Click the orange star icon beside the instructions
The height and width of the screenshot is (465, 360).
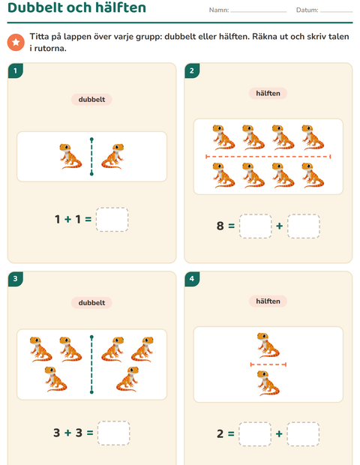(16, 43)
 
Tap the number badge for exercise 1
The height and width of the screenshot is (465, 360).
(16, 70)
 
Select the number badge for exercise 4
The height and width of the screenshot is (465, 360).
(192, 279)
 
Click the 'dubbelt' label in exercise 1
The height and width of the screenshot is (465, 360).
(91, 99)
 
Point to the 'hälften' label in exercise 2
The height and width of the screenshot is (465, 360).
(268, 93)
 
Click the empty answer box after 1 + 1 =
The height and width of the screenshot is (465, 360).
(112, 220)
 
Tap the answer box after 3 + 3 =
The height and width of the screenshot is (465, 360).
(113, 433)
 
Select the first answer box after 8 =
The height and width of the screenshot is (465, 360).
(255, 226)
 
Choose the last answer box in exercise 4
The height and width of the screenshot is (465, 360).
(303, 433)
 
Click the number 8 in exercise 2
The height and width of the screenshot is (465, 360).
(220, 226)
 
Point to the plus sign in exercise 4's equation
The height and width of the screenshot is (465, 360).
(279, 433)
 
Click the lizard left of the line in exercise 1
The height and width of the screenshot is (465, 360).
(70, 156)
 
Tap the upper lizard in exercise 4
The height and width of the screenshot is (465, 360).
(268, 345)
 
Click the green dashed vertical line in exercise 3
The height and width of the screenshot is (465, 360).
(91, 364)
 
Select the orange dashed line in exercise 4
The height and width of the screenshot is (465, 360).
(268, 364)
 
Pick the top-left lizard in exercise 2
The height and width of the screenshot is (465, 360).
(223, 137)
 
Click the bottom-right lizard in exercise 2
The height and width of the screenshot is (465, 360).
(313, 175)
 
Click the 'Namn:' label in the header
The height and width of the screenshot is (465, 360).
(219, 10)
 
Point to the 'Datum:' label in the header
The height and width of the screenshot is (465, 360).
(307, 10)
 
